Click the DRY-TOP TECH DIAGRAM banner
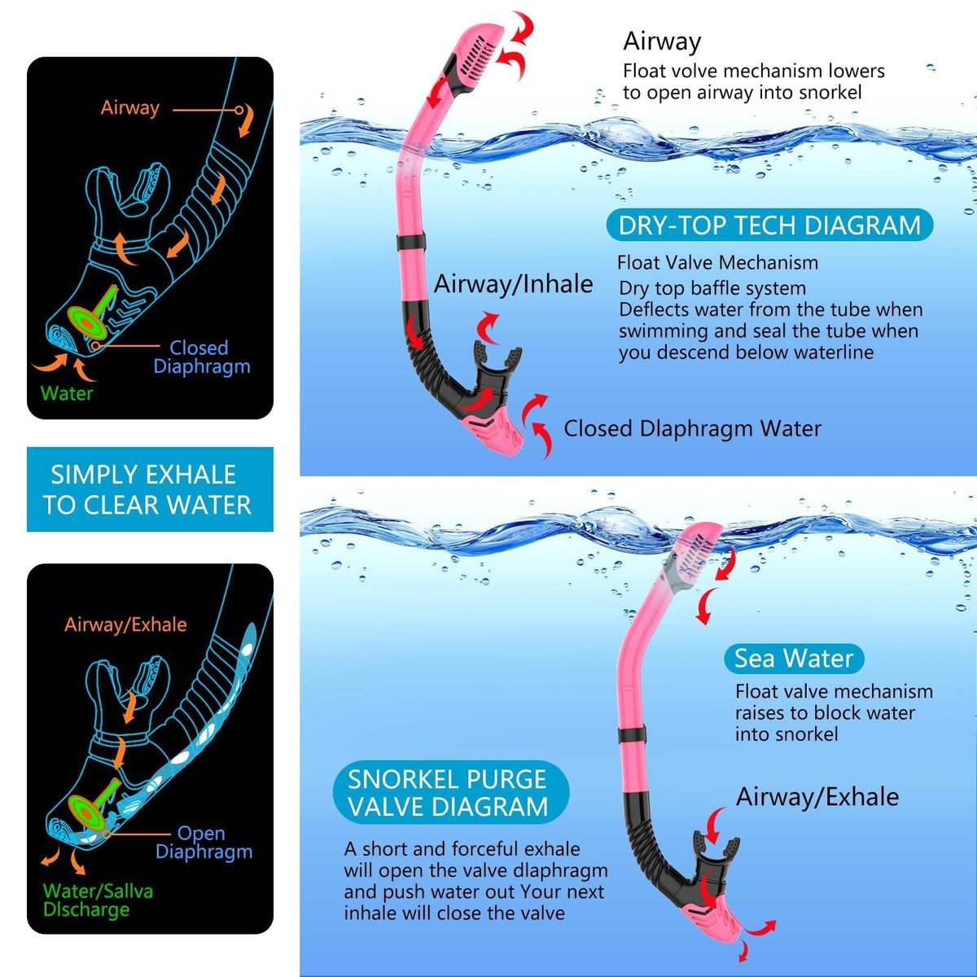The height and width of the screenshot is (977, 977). point(769,225)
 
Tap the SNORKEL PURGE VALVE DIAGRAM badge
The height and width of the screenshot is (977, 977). point(451,792)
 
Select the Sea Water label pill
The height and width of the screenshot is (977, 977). point(794,659)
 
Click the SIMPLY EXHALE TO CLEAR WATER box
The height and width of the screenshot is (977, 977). point(150,489)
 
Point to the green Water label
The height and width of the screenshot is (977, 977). point(67,393)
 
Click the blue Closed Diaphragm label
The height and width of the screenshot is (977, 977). point(202,357)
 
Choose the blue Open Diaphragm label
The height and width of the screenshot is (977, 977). point(204,842)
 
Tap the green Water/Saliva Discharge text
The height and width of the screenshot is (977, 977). point(98,900)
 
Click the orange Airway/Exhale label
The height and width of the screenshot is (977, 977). point(125,624)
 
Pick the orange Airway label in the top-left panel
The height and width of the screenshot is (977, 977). point(129,107)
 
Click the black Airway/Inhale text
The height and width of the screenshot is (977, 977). point(513,284)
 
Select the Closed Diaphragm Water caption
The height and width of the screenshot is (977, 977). point(692,429)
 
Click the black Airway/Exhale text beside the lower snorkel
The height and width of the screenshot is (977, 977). point(817,796)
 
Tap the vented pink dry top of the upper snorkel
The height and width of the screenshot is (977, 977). point(474,57)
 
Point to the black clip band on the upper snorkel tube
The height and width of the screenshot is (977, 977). point(410,243)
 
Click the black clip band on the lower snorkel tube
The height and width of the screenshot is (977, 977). point(632,734)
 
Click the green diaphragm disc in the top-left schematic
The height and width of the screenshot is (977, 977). point(87,322)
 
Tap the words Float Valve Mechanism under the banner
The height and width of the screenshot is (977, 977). point(717,263)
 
